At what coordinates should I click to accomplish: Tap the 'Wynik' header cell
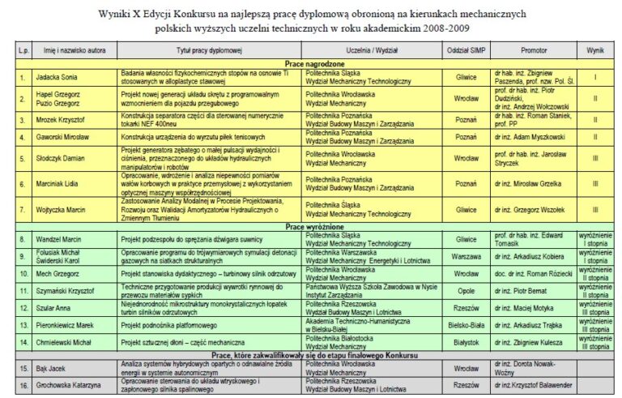point(595,49)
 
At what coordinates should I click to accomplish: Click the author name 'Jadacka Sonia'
point(55,78)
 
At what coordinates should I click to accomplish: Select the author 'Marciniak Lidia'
point(59,184)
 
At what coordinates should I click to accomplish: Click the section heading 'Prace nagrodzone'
point(310,62)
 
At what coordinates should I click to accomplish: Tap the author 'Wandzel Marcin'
point(58,240)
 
